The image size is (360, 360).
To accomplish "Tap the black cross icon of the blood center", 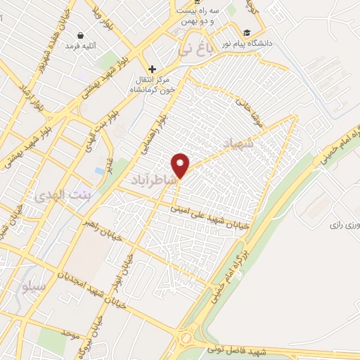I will pos(152,69).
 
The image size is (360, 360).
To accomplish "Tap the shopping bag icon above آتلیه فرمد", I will pos(82,34).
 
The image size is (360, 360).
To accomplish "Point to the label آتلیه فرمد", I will pos(82,46).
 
